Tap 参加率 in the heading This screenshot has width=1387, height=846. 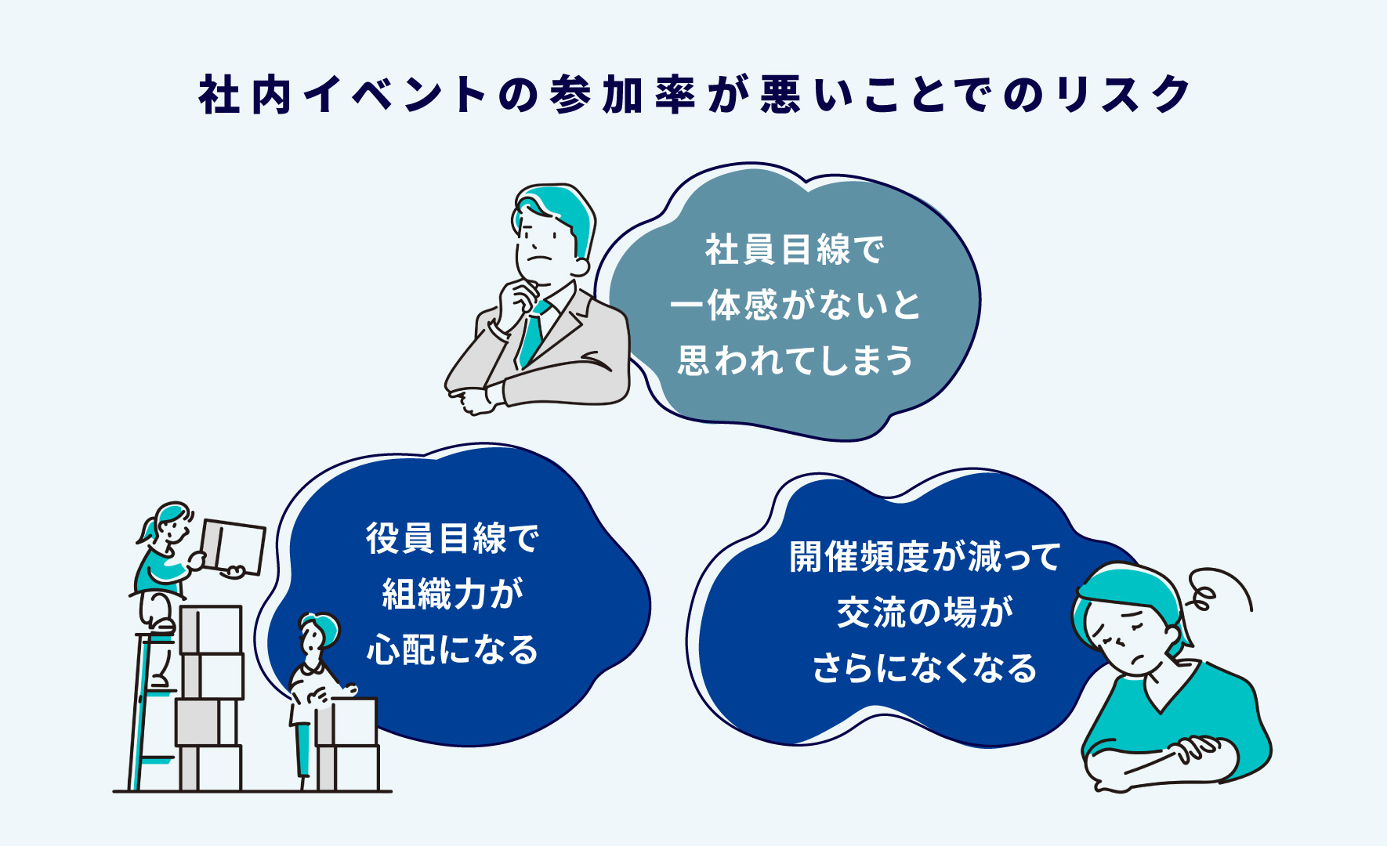click(622, 95)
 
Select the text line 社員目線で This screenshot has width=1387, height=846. click(795, 250)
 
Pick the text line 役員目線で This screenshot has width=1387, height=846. click(453, 538)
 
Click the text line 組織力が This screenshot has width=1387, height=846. click(453, 594)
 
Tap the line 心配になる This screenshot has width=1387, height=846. click(453, 649)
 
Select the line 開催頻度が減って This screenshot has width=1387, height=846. click(925, 557)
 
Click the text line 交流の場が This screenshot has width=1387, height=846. click(925, 613)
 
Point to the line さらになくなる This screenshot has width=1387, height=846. click(925, 668)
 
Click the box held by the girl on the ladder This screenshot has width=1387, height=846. click(233, 547)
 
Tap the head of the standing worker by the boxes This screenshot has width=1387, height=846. click(317, 634)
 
